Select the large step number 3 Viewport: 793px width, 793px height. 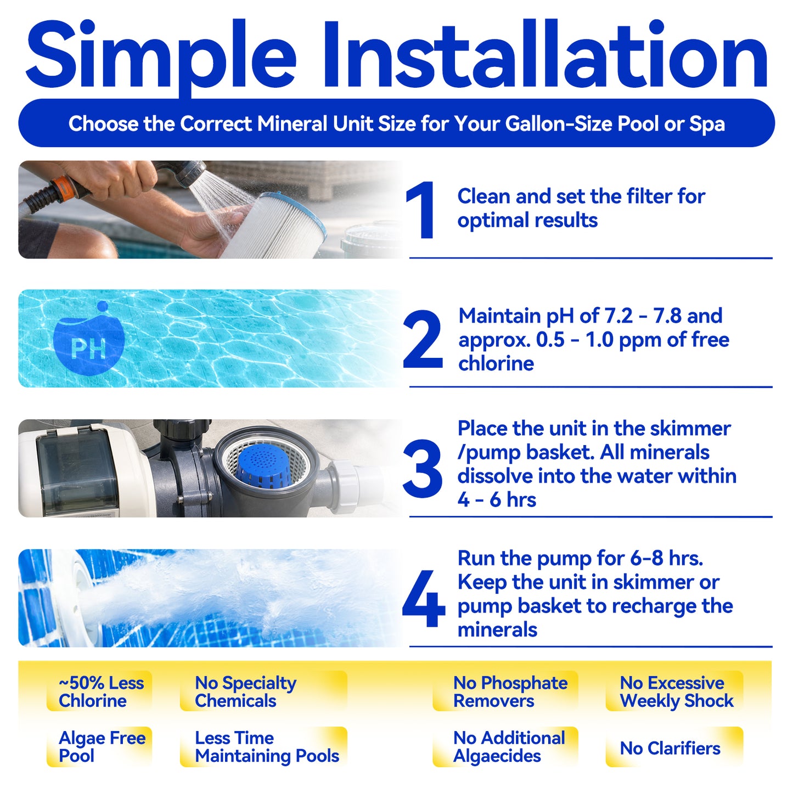click(x=423, y=468)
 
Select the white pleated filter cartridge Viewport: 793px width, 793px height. click(x=274, y=227)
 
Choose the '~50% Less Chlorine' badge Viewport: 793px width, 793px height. click(x=99, y=691)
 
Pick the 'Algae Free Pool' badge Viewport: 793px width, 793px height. click(x=99, y=747)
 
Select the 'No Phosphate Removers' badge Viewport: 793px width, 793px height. click(x=505, y=691)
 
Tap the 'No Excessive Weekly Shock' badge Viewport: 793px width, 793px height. click(x=674, y=691)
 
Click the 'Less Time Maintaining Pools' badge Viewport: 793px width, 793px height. click(x=263, y=747)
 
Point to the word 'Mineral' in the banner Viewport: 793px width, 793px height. click(x=292, y=123)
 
